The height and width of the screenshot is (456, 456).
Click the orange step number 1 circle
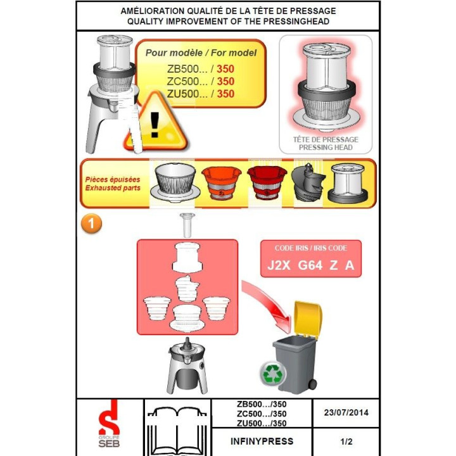point(92,224)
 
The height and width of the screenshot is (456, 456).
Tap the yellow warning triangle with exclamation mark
point(156,122)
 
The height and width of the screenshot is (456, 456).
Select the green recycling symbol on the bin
point(272,373)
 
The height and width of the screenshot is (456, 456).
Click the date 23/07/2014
point(346,412)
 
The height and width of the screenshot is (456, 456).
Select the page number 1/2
point(346,441)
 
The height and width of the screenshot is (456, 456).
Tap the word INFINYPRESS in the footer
point(262,441)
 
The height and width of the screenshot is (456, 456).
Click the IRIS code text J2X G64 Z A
point(310,265)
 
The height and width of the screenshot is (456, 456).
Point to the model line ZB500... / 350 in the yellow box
point(200,69)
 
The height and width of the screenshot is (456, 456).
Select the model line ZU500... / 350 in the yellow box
point(200,94)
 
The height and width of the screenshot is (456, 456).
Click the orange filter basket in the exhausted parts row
point(221,182)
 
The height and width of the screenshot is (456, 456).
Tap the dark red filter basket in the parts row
point(267,182)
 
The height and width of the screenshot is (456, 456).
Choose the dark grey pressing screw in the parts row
point(308,182)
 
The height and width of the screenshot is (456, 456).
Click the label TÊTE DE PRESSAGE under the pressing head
point(326,139)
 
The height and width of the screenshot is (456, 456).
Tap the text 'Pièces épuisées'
point(113,179)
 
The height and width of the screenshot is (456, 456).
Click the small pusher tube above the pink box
point(187,225)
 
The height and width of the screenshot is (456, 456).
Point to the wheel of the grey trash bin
point(312,384)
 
